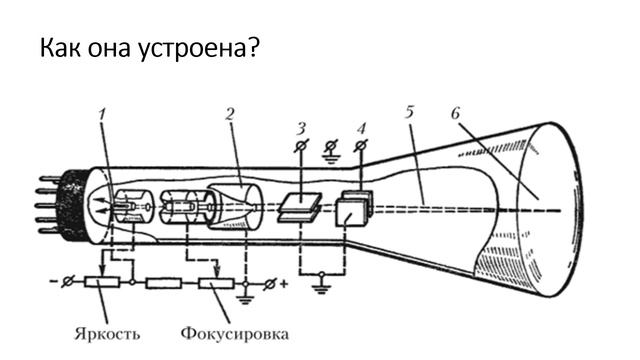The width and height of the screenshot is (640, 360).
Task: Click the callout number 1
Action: [x=102, y=114]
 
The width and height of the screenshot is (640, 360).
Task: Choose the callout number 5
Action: [x=409, y=112]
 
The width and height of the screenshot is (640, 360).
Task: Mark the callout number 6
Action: [x=457, y=112]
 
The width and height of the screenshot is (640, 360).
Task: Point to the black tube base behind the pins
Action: [x=74, y=205]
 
